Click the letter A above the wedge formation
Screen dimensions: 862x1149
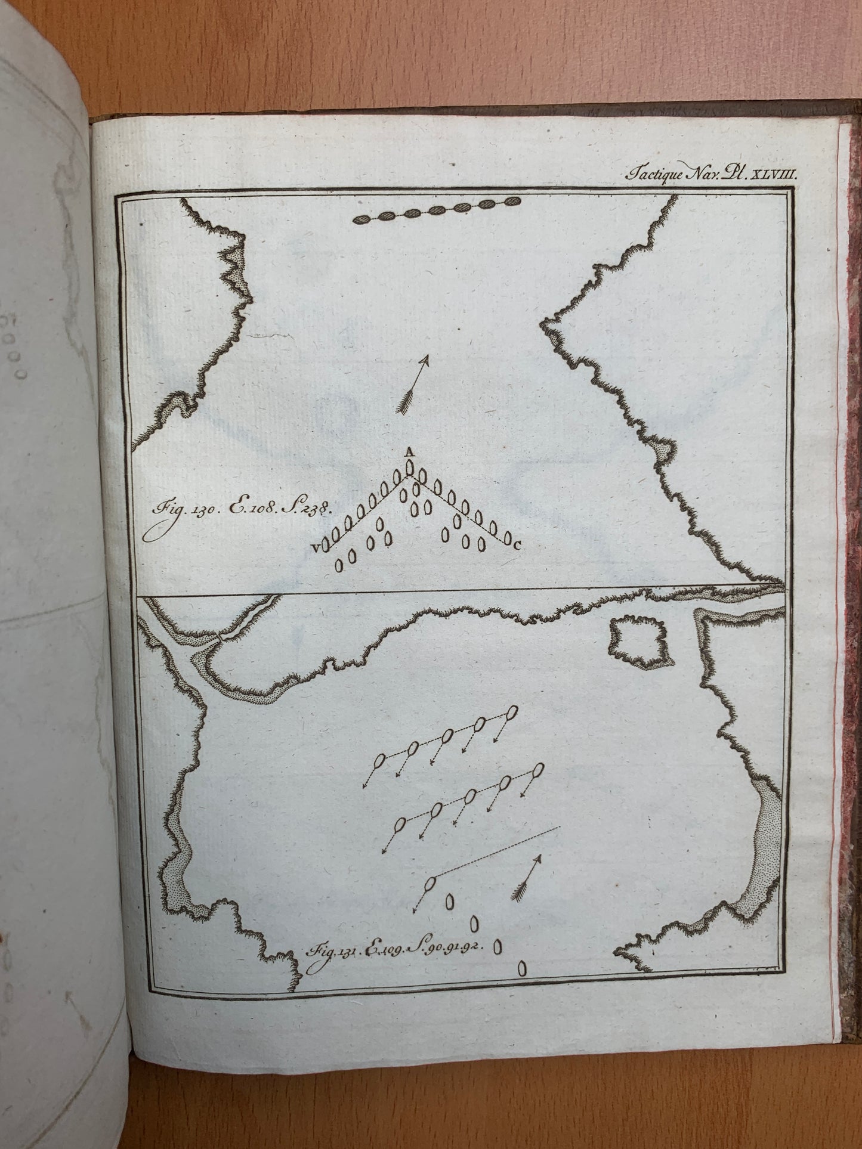coord(409,453)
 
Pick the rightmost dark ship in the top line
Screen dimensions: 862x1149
coord(512,202)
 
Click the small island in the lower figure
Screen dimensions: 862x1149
coord(637,641)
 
